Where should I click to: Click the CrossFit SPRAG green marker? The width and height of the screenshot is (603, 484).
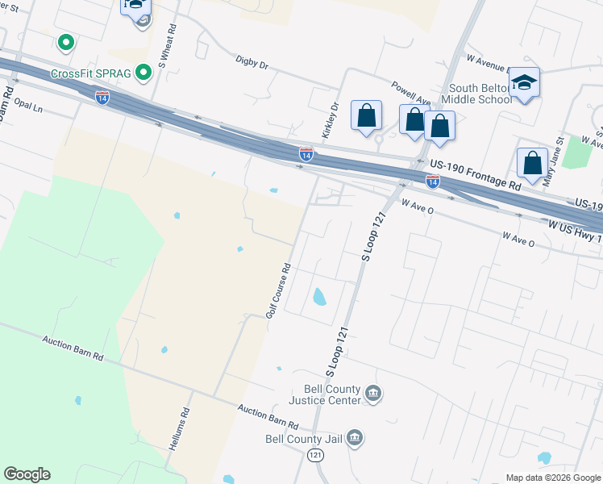point(143,73)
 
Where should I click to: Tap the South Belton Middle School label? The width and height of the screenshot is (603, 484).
point(480,94)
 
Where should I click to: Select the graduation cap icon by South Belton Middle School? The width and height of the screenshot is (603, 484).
point(525,83)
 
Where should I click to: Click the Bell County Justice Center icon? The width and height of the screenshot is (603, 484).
point(373,394)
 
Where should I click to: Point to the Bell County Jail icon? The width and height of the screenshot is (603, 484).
point(355,438)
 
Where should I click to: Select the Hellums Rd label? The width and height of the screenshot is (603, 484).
point(185,422)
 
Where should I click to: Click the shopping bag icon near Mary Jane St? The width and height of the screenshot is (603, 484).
point(533,162)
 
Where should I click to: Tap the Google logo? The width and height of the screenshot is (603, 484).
point(27,474)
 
